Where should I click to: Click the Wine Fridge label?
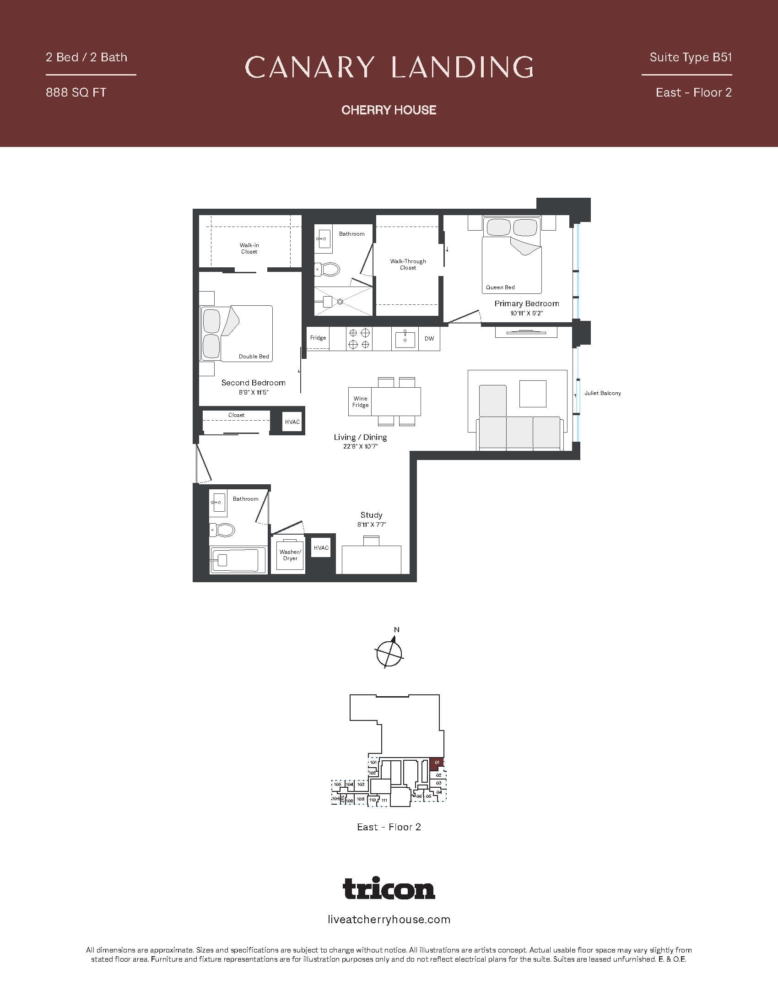pos(360,401)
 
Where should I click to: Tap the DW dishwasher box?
pos(429,338)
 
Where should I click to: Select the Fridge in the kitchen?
pos(318,338)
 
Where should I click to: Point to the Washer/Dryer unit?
pos(290,555)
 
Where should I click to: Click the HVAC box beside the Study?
pos(321,547)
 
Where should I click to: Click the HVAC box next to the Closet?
pos(292,422)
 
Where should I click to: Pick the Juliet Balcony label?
pos(602,393)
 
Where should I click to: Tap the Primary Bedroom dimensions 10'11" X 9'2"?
pos(526,314)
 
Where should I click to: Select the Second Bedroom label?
pos(253,383)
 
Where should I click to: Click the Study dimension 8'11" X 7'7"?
pos(371,525)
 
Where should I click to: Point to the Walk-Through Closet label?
pos(408,264)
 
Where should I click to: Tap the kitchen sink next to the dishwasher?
pos(405,339)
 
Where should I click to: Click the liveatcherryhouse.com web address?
pos(389,920)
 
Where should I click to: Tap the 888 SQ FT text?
pos(76,92)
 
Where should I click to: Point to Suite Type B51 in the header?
pos(691,57)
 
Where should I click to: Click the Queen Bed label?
pos(500,287)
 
